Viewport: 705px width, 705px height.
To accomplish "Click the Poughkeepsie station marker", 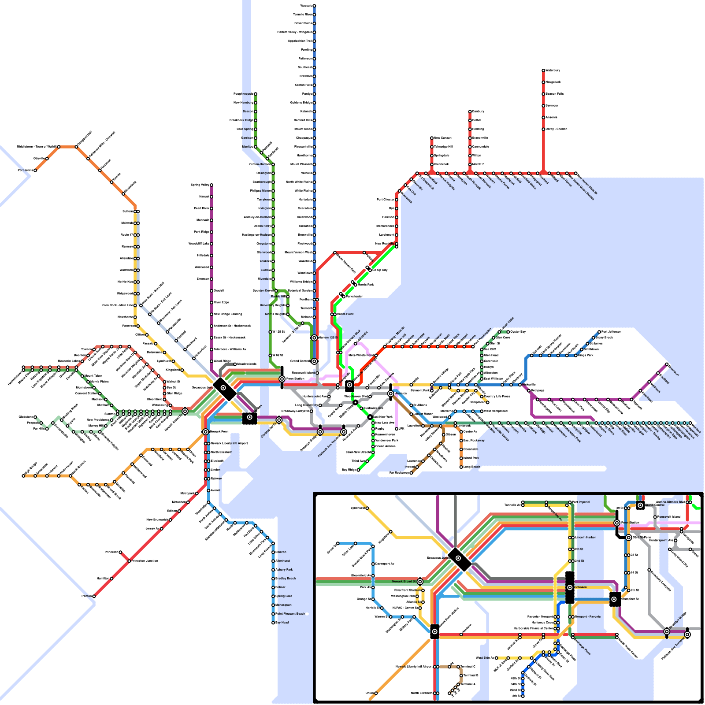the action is pos(255,94).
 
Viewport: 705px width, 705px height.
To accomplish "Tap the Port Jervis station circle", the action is pos(35,170).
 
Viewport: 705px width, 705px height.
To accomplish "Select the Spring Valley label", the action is pos(200,185).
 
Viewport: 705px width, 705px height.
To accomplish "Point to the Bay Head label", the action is pos(282,623).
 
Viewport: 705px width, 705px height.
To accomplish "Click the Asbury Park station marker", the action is pos(273,570).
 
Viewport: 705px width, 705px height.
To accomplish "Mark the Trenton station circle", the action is pos(94,596).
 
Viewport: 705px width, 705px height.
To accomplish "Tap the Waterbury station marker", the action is pos(543,70).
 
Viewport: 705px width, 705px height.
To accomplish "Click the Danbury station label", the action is pos(478,111).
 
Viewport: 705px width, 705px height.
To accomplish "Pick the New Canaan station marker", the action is pos(432,138).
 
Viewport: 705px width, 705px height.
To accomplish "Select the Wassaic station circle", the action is pos(314,6).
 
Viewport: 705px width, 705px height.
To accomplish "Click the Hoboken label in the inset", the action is pos(580,587).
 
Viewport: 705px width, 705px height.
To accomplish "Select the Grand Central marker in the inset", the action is pos(640,505).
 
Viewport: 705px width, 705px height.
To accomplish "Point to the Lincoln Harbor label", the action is pos(585,538).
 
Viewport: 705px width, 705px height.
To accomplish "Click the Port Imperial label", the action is pos(581,502).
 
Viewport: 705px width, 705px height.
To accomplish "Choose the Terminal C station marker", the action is pos(458,667).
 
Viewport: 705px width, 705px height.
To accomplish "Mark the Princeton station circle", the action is pos(120,552).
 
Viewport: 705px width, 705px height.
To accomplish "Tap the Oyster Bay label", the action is pos(518,332).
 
